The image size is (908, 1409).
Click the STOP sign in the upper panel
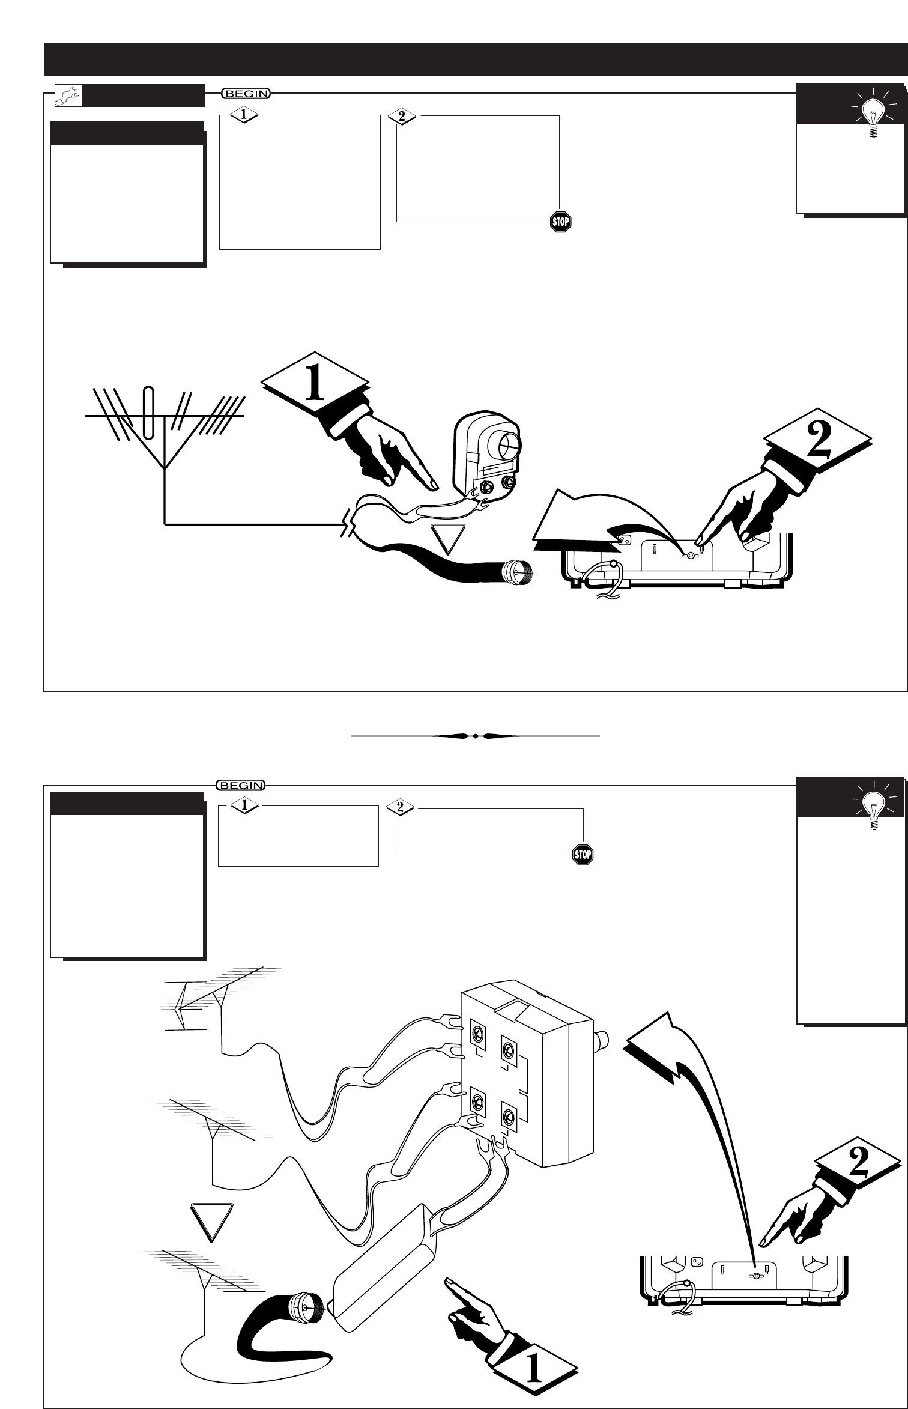pos(560,222)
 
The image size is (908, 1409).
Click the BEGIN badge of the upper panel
pos(246,93)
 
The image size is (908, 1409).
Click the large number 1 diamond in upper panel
pos(315,385)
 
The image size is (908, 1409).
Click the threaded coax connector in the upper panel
pos(517,570)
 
